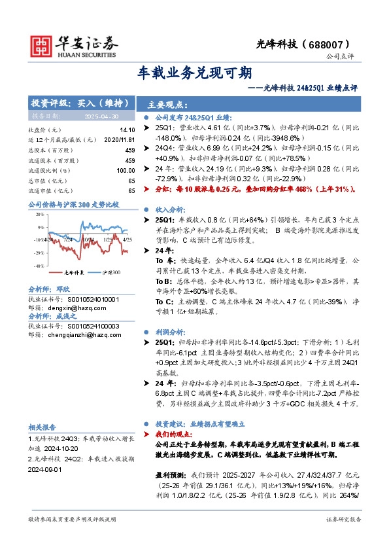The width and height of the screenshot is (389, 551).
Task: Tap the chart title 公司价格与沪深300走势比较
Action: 73,205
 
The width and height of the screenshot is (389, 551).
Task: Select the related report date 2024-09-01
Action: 47,468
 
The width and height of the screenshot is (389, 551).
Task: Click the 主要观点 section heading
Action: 168,104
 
